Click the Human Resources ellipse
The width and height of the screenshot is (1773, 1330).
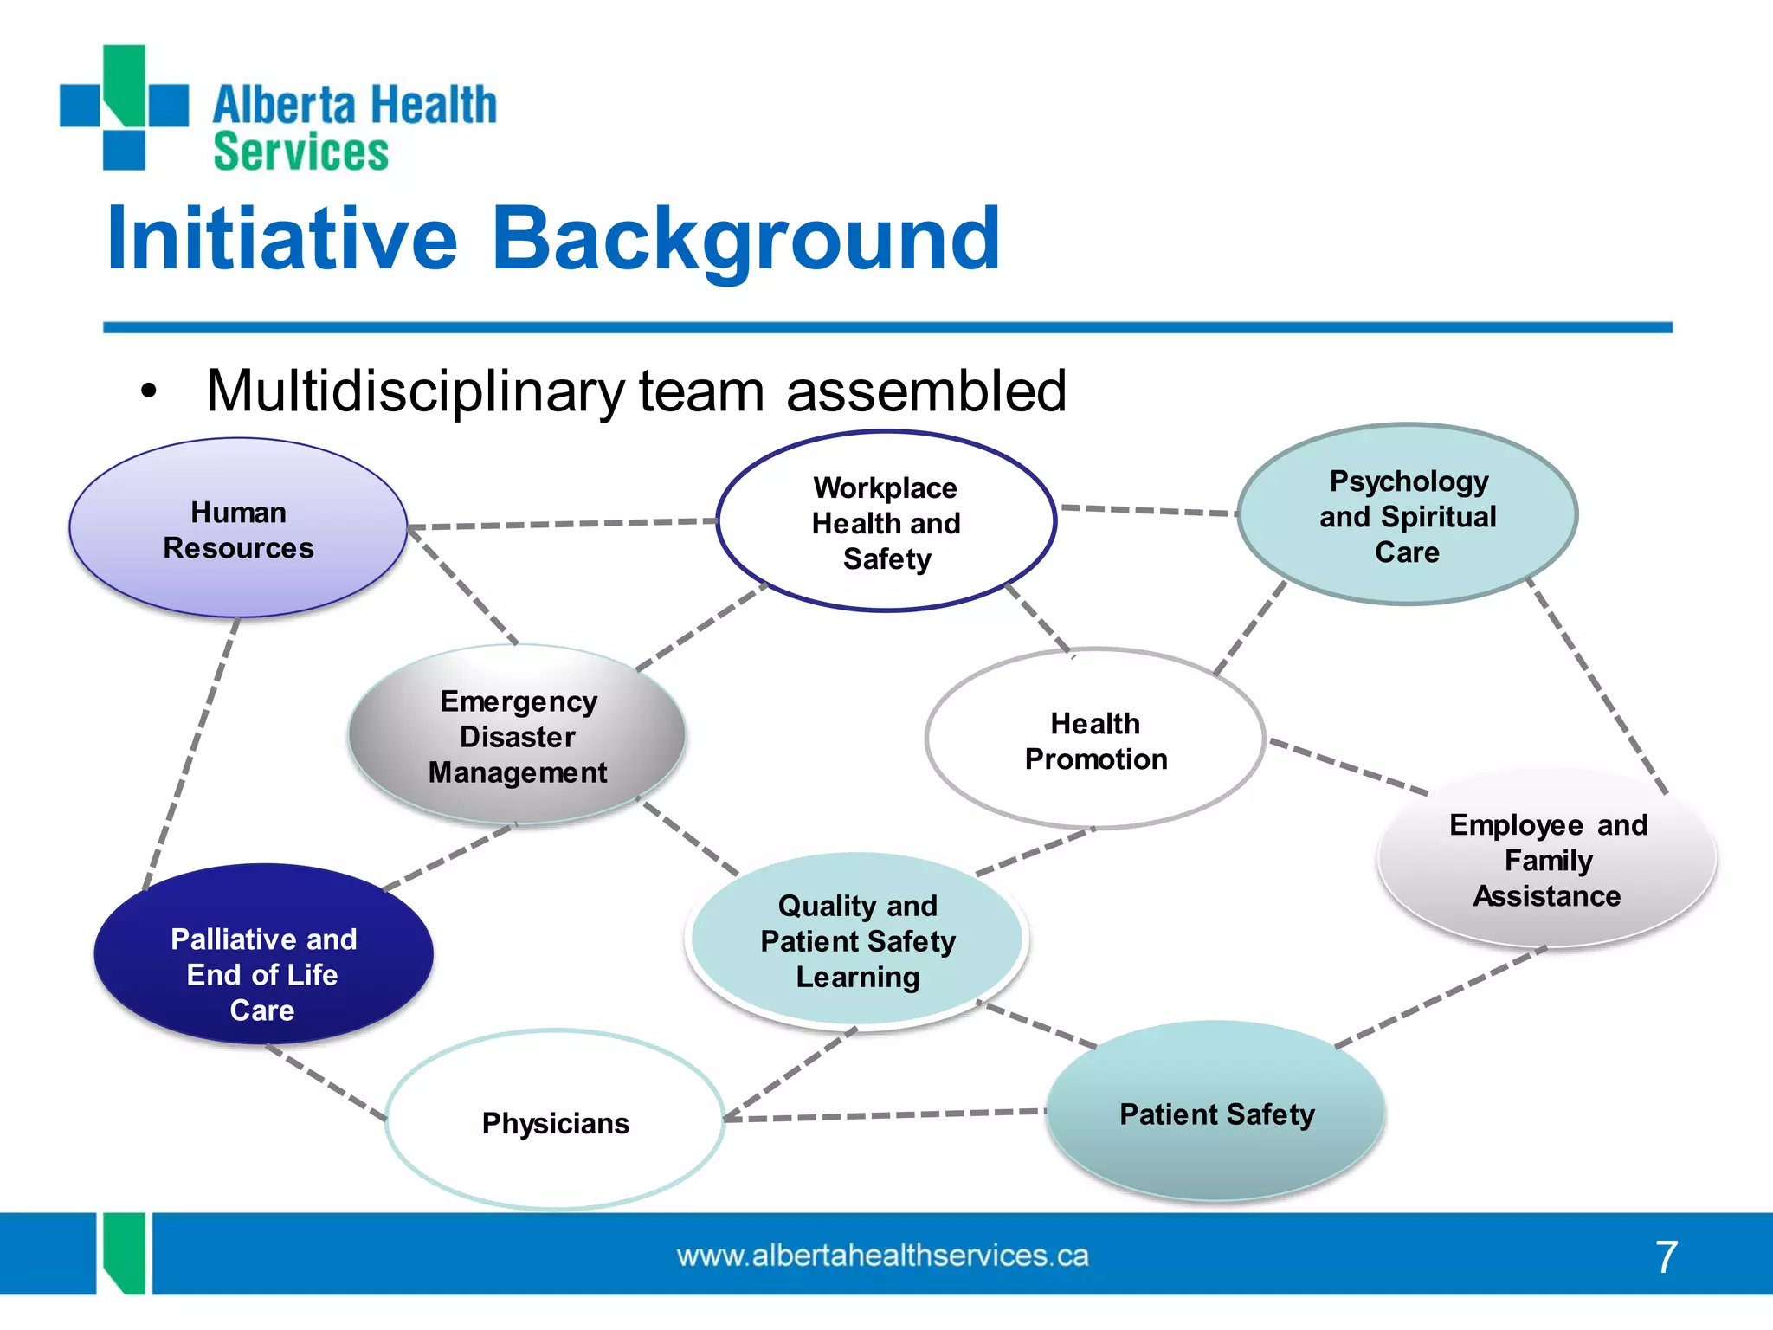click(238, 528)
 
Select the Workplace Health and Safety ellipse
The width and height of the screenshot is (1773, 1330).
click(886, 522)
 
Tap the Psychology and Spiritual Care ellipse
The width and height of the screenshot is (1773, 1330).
click(1407, 515)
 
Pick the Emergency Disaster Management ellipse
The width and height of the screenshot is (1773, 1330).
click(517, 735)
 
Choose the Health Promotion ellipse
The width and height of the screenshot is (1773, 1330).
click(1095, 739)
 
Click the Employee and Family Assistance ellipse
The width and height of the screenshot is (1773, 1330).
click(1547, 859)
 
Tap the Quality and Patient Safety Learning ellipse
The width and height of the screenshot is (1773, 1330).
click(857, 940)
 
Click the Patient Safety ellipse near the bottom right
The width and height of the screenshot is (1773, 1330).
click(1216, 1113)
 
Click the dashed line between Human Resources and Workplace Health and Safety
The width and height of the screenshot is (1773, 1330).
click(563, 524)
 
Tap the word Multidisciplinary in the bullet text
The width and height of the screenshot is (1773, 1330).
click(415, 391)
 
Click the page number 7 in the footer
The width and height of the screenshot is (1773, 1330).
click(1666, 1256)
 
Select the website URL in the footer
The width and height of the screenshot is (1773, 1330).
click(882, 1256)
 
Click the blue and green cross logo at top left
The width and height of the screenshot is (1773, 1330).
click(124, 107)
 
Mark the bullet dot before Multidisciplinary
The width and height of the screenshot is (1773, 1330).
click(149, 391)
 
